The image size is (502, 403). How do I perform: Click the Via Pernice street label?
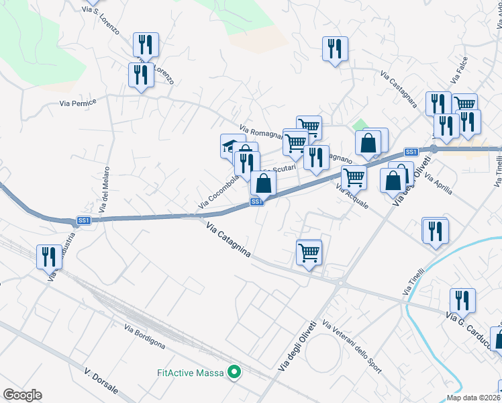point(78,103)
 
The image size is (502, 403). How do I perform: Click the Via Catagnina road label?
point(228,240)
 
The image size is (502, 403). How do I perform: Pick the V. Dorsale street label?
point(102,380)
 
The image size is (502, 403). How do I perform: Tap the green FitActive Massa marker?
point(234,371)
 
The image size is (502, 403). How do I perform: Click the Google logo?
point(22,395)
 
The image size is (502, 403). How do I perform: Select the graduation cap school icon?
point(232,146)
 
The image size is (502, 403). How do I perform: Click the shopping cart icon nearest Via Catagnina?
point(309,253)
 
